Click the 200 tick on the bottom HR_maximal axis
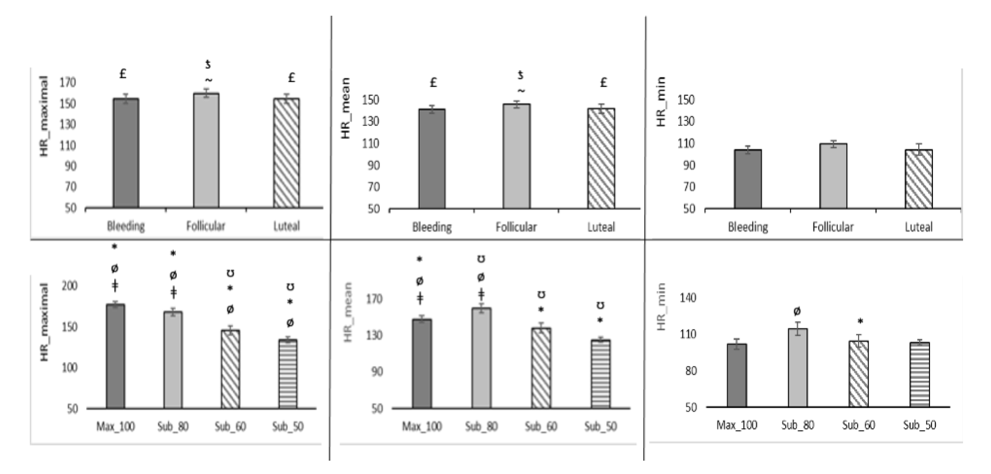point(69,286)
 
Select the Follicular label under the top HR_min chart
point(833,227)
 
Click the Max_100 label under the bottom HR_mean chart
point(422,426)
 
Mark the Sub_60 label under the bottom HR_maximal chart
point(230,426)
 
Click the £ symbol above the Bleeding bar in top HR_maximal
point(123,74)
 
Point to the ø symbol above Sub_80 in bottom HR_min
point(797,311)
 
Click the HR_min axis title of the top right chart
point(660,102)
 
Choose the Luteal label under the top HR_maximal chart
point(286,226)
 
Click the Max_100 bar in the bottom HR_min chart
point(736,375)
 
